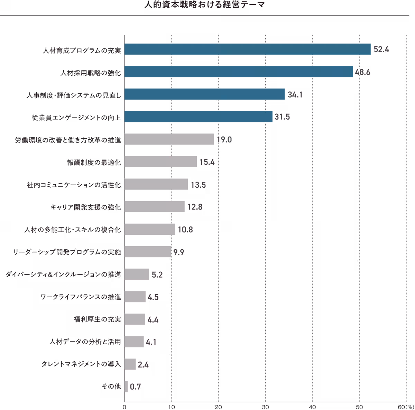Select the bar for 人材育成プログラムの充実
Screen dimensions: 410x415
248,49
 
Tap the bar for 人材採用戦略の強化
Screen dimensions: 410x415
239,72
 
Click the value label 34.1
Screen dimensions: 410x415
295,94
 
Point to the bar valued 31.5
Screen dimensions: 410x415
199,117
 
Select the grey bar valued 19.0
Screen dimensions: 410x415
169,139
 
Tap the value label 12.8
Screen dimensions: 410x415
195,207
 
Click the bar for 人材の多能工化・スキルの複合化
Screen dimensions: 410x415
150,229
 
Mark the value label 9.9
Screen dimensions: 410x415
178,252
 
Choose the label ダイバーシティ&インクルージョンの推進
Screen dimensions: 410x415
64,274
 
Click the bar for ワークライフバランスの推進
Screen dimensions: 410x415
135,297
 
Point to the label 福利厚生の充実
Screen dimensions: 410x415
97,319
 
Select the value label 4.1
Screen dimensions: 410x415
151,342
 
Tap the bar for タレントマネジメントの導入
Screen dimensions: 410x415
130,364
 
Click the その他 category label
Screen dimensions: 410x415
111,387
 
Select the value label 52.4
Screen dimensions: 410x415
381,49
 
